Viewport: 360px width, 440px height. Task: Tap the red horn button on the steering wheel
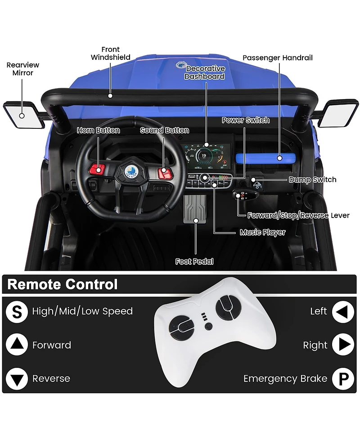pyautogui.click(x=98, y=169)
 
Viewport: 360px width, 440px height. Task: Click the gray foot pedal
pyautogui.click(x=196, y=209)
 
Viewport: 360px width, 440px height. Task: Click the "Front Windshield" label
pyautogui.click(x=111, y=53)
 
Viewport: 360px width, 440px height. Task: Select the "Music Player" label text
pyautogui.click(x=262, y=232)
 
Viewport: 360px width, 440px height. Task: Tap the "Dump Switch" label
pyautogui.click(x=312, y=180)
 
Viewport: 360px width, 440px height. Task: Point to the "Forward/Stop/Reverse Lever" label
pyautogui.click(x=298, y=215)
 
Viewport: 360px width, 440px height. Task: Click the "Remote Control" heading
pyautogui.click(x=63, y=285)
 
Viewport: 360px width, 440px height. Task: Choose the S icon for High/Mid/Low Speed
pyautogui.click(x=17, y=312)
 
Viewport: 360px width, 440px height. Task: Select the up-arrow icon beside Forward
pyautogui.click(x=17, y=345)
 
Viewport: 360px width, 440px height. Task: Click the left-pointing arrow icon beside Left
pyautogui.click(x=343, y=312)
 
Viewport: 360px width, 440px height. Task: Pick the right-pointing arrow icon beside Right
pyautogui.click(x=343, y=345)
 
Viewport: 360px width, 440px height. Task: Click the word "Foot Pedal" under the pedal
pyautogui.click(x=194, y=261)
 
